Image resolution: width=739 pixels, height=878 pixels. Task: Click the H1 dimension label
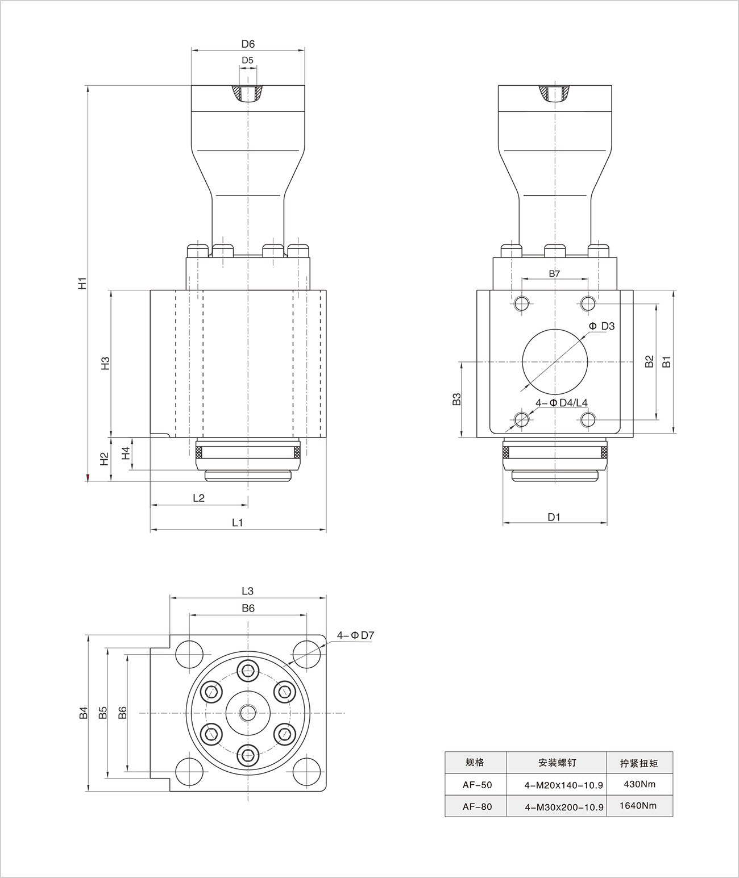pos(83,282)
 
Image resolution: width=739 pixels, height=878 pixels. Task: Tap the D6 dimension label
pos(248,44)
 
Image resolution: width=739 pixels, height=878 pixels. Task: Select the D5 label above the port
pos(248,60)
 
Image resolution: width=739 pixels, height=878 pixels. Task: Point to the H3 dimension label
pos(105,364)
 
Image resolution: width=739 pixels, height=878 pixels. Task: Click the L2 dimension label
pos(198,498)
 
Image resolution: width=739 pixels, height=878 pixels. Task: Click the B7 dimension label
pos(554,273)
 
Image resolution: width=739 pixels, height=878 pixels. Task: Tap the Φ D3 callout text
pos(602,326)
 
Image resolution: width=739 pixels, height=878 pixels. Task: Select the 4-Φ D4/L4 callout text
pos(561,402)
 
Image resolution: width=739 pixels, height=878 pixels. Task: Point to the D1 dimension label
pos(554,517)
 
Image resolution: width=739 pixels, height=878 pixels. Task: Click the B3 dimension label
pos(456,399)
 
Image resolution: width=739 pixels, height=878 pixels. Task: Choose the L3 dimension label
pos(247,591)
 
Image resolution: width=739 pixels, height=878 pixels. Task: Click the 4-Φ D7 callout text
pos(355,635)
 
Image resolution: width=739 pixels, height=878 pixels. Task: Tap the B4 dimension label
pos(84,713)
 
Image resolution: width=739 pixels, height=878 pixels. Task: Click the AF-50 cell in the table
pos(477,785)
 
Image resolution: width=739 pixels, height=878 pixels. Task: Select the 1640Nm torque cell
pos(640,805)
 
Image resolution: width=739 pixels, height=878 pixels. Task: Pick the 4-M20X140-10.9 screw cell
pos(564,785)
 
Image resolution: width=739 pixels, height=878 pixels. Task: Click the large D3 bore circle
pos(555,360)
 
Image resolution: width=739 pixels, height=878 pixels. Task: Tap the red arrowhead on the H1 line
pos(88,477)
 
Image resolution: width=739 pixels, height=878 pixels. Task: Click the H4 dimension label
pos(126,453)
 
